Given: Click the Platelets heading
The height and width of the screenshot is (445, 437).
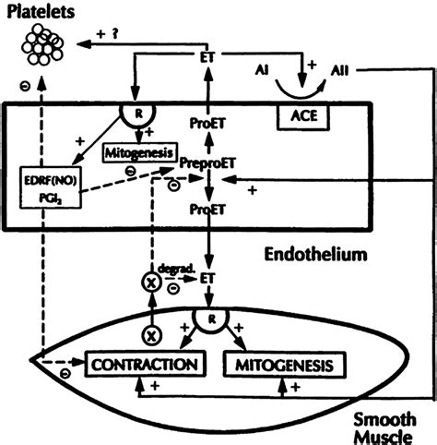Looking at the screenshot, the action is tap(41, 12).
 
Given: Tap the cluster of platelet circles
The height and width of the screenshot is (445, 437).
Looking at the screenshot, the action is tap(42, 45).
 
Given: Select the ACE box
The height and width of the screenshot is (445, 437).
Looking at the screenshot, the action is tap(303, 116).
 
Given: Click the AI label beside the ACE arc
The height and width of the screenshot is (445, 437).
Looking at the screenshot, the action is tap(262, 70).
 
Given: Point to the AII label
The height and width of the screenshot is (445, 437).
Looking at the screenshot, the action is tap(339, 71).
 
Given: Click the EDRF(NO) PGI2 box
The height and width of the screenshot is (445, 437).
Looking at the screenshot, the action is tap(51, 187).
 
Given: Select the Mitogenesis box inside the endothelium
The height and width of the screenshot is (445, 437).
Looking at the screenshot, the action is tap(140, 152).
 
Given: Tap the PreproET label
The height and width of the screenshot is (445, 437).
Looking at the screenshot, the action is tap(207, 162).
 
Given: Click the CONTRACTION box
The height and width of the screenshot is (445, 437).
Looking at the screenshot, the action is tap(145, 364).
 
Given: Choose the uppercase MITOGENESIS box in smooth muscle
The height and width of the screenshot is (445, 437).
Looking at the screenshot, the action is tap(285, 365).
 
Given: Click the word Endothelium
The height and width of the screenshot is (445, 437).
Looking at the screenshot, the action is tap(316, 255).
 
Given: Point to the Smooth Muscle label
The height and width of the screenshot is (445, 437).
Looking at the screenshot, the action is tap(384, 428).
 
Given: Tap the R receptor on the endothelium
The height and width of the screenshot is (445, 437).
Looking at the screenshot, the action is tap(138, 114).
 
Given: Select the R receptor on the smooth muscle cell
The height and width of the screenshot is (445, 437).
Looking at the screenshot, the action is tap(211, 319).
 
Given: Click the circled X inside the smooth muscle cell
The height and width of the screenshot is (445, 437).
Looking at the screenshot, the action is tap(151, 335).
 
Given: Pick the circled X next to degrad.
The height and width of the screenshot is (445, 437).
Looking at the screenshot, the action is tap(151, 283).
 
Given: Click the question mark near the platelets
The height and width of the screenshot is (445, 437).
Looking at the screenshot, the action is tap(115, 33).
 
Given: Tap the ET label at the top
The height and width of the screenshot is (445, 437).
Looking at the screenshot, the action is tap(207, 57).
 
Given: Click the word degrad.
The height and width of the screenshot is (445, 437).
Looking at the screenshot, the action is tap(176, 269).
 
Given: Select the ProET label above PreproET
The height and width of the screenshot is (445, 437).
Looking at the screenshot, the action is tap(207, 123).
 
